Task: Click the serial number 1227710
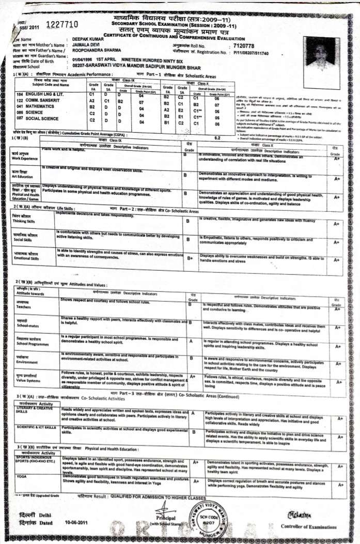tap(62, 25)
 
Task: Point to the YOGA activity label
tap(22, 476)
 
